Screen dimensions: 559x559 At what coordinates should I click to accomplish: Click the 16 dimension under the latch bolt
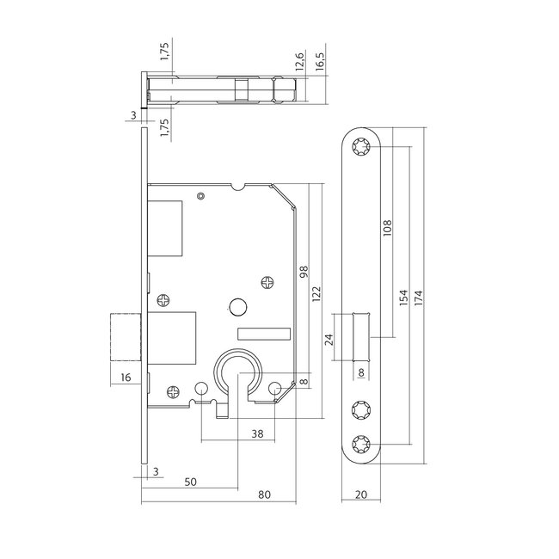pos(126,377)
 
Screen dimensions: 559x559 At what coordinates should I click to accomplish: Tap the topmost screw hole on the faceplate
pos(359,149)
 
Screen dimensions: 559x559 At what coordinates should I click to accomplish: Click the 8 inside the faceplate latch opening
pos(360,372)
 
